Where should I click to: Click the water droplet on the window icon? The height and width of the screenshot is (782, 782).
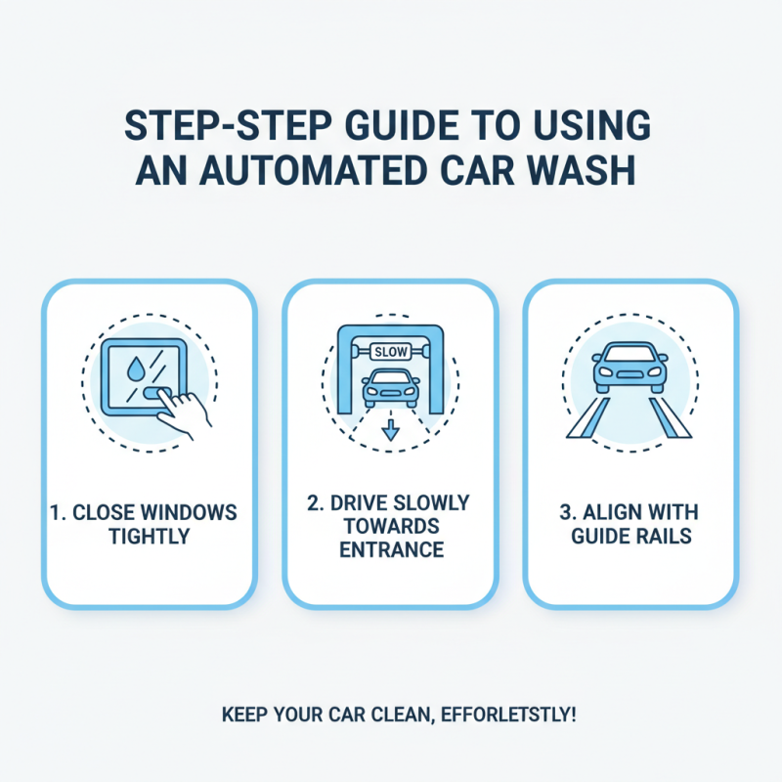pos(134,369)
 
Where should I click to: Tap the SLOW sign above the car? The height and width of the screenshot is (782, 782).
pos(390,350)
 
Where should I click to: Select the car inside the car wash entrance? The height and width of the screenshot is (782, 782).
pos(390,388)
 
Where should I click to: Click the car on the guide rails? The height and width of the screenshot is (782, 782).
pos(630,367)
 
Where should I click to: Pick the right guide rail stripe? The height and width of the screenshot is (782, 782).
pos(674,418)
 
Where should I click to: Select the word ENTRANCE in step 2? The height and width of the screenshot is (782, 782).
pos(391,550)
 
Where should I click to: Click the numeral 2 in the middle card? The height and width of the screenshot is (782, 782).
pos(313,503)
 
